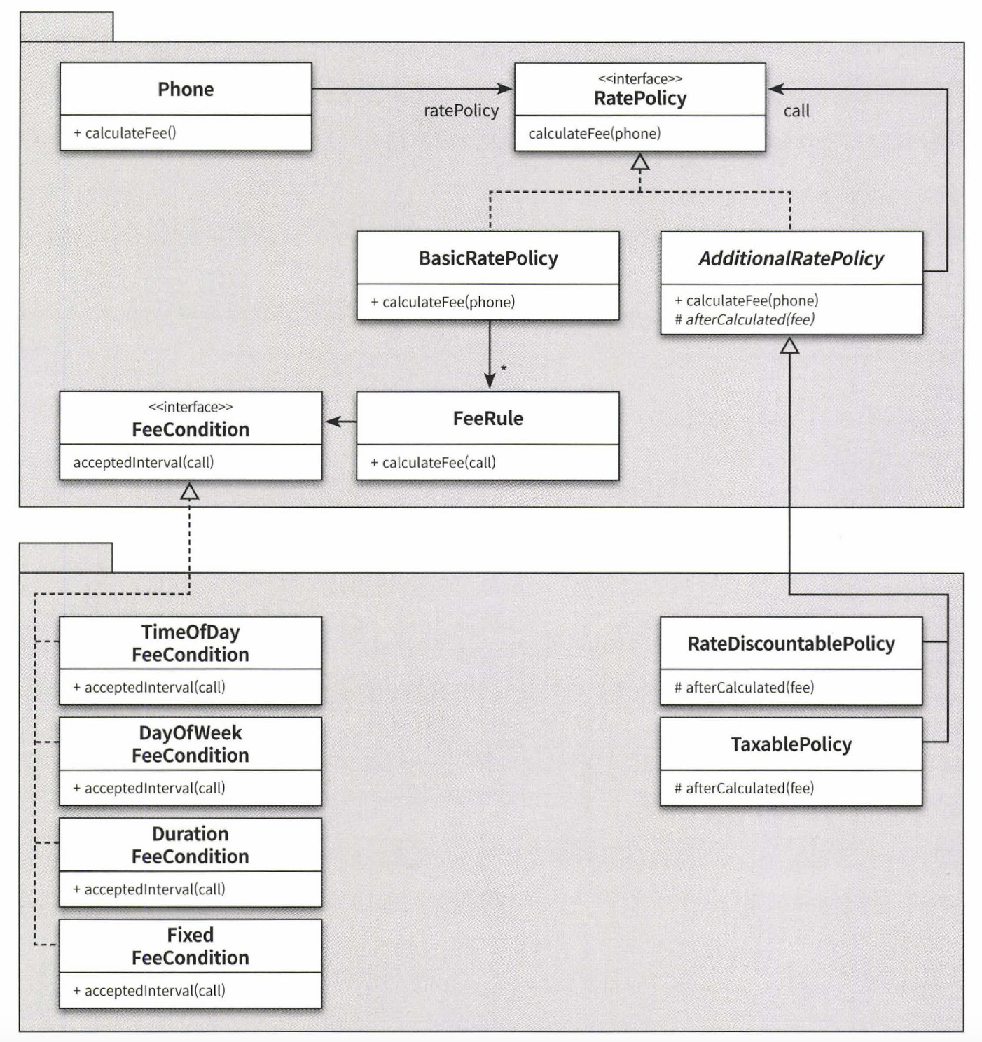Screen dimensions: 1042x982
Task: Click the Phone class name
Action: click(x=186, y=90)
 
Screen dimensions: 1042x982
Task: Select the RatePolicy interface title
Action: click(x=640, y=99)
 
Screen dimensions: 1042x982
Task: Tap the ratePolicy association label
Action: click(x=461, y=111)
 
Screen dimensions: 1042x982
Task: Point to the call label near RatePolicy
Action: click(x=796, y=111)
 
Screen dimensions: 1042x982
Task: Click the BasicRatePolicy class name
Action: click(x=488, y=258)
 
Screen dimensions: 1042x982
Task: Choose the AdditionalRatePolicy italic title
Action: click(x=791, y=259)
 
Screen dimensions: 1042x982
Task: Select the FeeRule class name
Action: click(x=488, y=419)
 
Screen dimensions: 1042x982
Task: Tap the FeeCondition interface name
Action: click(x=191, y=430)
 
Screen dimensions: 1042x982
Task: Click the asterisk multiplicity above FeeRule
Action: click(x=504, y=368)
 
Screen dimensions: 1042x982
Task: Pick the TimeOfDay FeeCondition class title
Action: click(x=191, y=644)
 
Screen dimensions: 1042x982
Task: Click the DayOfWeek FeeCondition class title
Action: click(x=191, y=744)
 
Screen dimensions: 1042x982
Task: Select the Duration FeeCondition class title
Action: click(x=191, y=845)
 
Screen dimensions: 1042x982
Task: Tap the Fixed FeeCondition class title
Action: click(x=191, y=946)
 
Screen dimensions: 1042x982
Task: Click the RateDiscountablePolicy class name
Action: click(x=791, y=644)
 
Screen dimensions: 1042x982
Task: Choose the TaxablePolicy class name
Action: click(x=791, y=745)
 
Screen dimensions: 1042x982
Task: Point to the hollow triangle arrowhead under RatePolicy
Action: click(x=640, y=162)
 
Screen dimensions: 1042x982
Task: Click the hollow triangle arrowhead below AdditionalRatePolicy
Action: click(x=789, y=346)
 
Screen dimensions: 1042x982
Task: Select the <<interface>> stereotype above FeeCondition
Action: click(x=191, y=408)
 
